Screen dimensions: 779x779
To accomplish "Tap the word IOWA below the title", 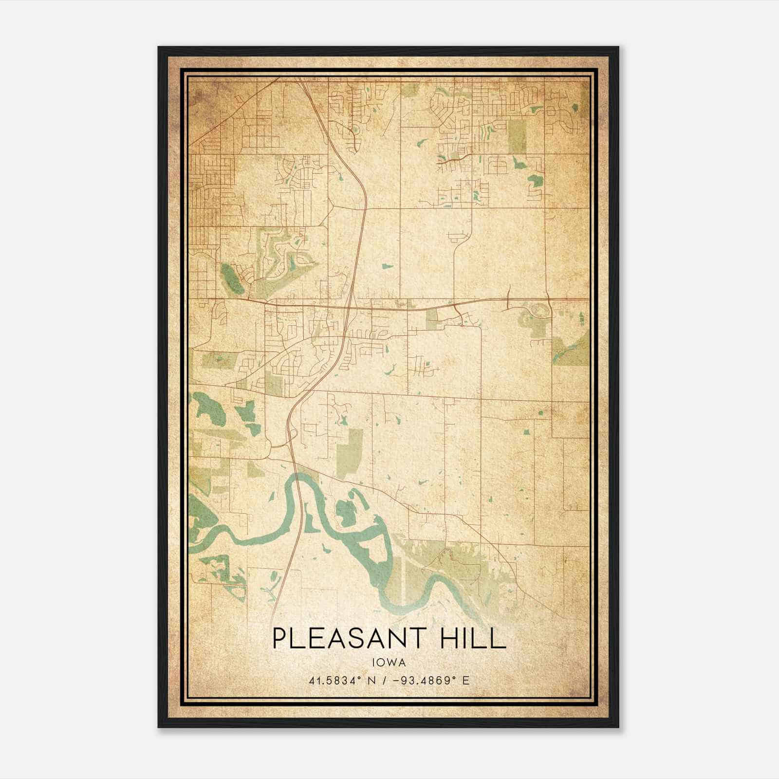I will [389, 662].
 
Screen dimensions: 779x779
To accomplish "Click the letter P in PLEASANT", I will [279, 638].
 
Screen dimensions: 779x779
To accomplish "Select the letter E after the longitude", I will [466, 681].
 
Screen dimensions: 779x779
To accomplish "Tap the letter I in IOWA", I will [374, 662].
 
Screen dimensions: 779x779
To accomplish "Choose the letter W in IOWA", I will [392, 662].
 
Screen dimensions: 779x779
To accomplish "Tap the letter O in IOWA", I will [381, 662].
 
